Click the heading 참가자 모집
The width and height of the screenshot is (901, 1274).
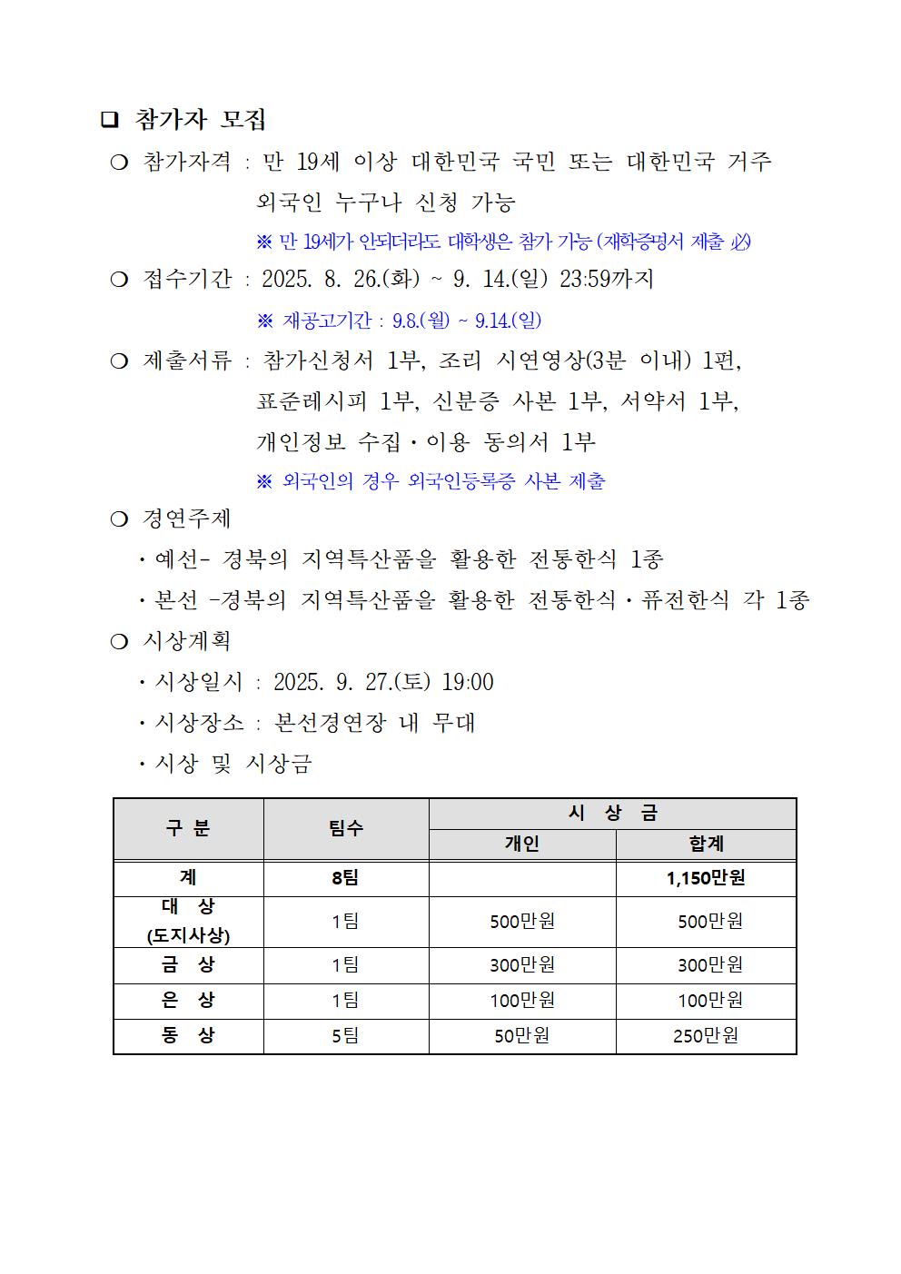pos(200,120)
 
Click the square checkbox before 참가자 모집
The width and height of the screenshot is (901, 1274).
pos(110,120)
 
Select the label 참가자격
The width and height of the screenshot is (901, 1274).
pos(187,162)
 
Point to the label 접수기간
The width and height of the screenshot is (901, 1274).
pos(187,279)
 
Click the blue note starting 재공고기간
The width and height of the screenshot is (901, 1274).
pos(411,320)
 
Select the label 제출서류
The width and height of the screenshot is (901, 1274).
pos(187,360)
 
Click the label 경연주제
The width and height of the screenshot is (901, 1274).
pos(187,518)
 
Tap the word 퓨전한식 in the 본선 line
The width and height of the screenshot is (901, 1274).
pos(685,600)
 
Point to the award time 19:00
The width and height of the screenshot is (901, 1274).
pos(468,682)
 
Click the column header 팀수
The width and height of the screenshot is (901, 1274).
pos(345,828)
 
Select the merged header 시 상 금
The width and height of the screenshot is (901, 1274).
pos(612,814)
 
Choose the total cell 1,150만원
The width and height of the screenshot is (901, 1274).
pos(706,878)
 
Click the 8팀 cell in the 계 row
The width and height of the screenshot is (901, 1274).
pos(345,878)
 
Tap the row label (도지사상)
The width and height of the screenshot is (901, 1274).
pos(188,936)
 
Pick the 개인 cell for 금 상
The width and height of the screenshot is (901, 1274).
pos(522,964)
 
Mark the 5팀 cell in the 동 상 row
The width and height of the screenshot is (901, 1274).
pos(345,1035)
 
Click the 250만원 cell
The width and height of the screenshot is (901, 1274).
pos(706,1035)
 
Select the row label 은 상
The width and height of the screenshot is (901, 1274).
pos(188,1000)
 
